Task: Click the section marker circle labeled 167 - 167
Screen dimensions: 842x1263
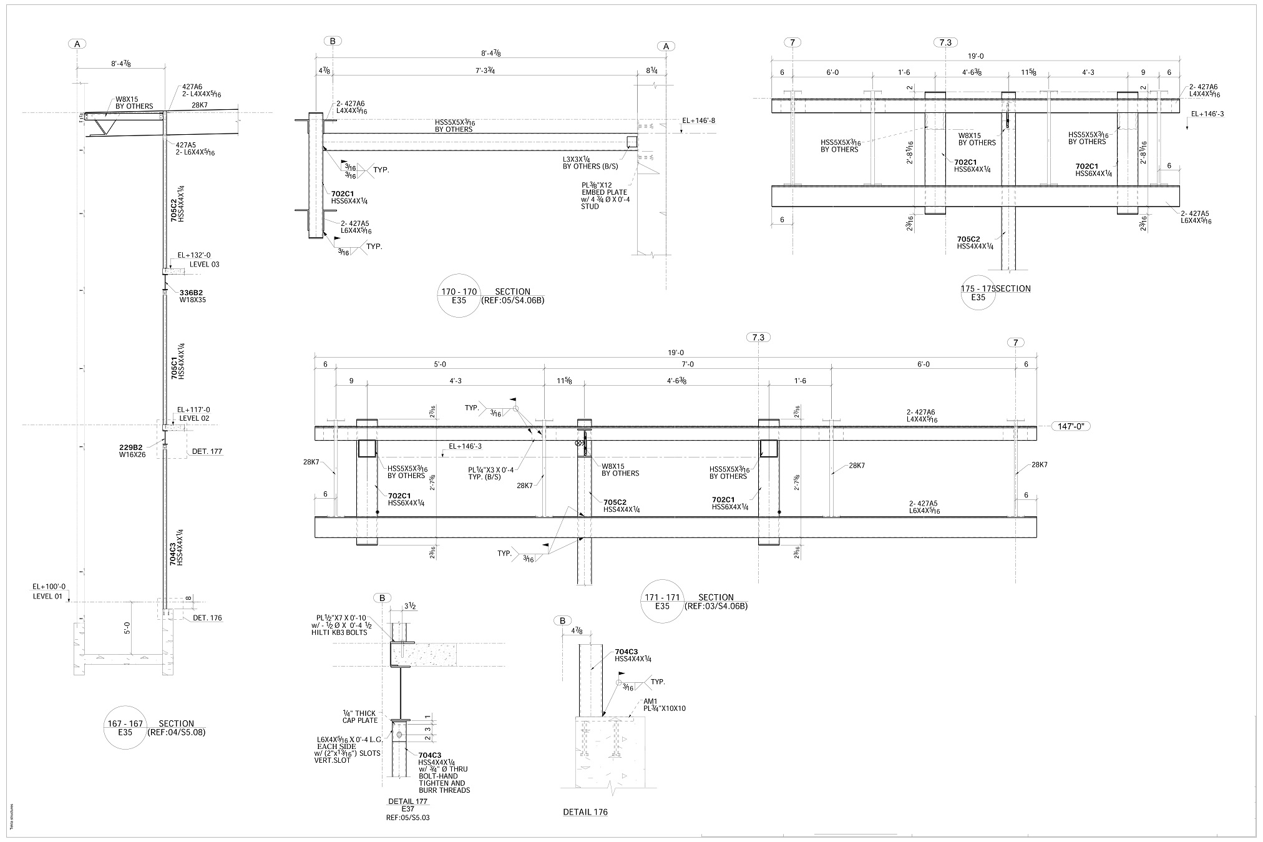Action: coord(125,728)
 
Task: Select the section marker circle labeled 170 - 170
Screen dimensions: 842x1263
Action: coord(459,295)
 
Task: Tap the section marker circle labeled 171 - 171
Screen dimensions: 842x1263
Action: coord(662,602)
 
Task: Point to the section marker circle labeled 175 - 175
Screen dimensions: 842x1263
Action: coord(978,293)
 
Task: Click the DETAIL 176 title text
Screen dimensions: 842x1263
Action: coord(585,812)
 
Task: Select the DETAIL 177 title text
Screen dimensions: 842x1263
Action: coord(407,801)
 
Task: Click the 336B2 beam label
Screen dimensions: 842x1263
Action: coord(192,292)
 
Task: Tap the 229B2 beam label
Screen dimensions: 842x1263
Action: coord(131,447)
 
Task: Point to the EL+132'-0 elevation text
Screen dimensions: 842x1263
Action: coord(194,255)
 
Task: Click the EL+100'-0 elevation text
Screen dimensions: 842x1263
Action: coord(49,587)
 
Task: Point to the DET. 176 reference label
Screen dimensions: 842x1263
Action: coord(207,618)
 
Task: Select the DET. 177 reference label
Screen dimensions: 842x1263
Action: coord(207,451)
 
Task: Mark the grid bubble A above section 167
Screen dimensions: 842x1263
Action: coord(77,44)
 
